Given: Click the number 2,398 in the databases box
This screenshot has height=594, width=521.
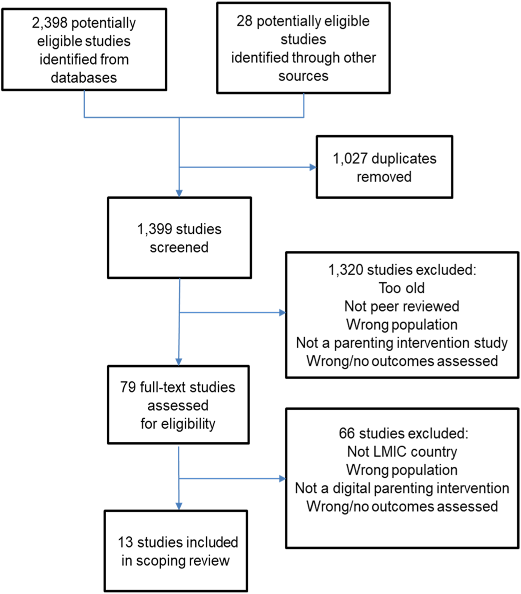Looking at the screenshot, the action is click(x=49, y=23).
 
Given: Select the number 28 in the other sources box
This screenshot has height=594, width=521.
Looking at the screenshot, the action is click(x=245, y=21).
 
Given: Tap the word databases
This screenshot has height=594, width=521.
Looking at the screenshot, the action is click(x=84, y=78).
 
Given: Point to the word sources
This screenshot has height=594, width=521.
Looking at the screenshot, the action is click(x=304, y=76).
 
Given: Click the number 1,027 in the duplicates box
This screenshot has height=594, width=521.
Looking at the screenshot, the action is click(x=350, y=159).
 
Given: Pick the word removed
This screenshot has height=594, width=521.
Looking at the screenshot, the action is click(x=384, y=177).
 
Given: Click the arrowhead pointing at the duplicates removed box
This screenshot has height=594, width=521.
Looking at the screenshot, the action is click(x=313, y=167).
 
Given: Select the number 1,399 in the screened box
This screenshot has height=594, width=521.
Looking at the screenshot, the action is click(x=154, y=229).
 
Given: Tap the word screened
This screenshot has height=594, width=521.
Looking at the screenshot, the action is click(x=179, y=248).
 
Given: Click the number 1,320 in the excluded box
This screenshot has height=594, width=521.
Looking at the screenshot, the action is click(x=346, y=270).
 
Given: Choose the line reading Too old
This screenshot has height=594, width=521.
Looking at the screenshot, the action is click(x=402, y=288).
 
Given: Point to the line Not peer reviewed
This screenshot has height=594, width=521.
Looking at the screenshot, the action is click(x=402, y=306).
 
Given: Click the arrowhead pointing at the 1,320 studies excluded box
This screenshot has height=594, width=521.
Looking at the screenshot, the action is click(x=282, y=312).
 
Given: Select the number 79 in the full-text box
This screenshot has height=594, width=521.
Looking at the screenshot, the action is click(x=128, y=387).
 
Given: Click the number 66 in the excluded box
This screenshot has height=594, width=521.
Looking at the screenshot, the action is click(x=347, y=433).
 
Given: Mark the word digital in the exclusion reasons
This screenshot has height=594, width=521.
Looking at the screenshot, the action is click(x=352, y=488).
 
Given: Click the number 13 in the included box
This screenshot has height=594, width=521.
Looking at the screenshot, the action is click(x=125, y=542).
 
